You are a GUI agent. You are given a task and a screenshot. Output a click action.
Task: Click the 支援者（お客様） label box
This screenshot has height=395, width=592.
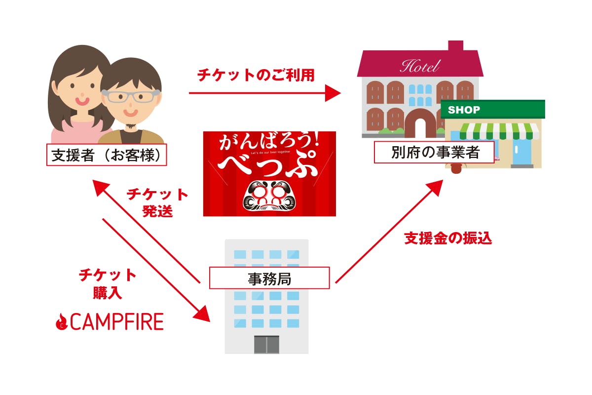coord(106,155)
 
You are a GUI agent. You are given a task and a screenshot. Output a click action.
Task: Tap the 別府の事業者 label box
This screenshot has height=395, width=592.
coord(434,152)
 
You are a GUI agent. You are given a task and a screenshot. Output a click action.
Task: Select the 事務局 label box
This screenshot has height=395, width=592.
coord(269,278)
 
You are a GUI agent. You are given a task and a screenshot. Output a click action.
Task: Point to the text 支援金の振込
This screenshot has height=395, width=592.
coord(448,238)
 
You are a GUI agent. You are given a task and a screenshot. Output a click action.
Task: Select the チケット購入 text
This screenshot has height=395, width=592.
coord(108,283)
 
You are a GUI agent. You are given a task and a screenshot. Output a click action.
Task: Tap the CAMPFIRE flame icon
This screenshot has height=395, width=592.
coord(61,322)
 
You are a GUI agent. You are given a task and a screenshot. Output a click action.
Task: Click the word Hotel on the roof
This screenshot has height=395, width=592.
coord(419,66)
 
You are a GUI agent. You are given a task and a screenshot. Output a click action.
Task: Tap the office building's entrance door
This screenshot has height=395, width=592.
coord(266,344)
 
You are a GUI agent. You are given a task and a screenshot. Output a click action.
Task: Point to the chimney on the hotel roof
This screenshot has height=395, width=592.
coord(455,46)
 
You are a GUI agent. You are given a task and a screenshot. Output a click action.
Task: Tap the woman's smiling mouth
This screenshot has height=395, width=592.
coord(82,101)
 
